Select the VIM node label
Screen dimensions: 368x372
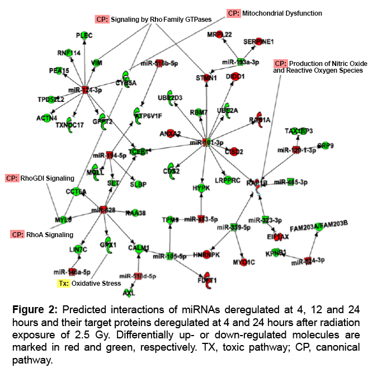coord(96,63)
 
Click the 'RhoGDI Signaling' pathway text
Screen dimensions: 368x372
coord(48,178)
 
